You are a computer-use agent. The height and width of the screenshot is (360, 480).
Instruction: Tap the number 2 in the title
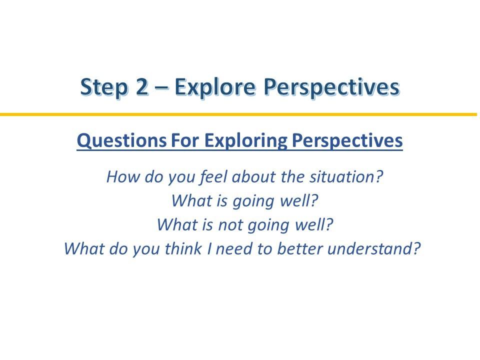pyautogui.click(x=141, y=87)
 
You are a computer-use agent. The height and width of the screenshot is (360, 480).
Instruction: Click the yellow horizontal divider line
pyautogui.click(x=238, y=114)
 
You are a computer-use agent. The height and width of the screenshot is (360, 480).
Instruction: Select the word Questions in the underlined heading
pyautogui.click(x=121, y=141)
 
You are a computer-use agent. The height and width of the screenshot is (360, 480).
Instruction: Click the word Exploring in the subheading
pyautogui.click(x=246, y=141)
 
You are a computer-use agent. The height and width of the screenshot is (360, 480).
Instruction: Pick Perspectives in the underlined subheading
pyautogui.click(x=347, y=141)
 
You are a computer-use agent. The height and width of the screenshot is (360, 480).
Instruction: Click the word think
pyautogui.click(x=183, y=248)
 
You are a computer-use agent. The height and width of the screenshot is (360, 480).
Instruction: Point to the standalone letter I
pyautogui.click(x=209, y=248)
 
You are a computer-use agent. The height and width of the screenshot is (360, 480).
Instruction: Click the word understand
pyautogui.click(x=374, y=248)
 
